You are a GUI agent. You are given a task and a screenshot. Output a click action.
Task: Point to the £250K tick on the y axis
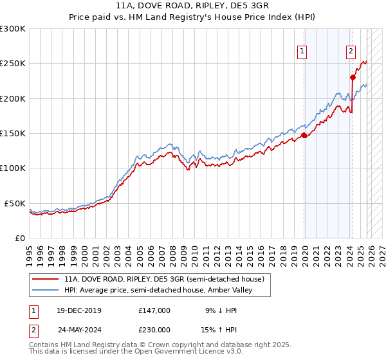13,64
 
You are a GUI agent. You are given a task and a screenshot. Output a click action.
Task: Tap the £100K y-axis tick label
13,168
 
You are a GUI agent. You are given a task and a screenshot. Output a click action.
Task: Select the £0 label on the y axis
19,238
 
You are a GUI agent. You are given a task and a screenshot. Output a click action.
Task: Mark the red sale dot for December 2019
304,135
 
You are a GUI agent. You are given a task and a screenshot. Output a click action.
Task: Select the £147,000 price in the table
154,310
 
